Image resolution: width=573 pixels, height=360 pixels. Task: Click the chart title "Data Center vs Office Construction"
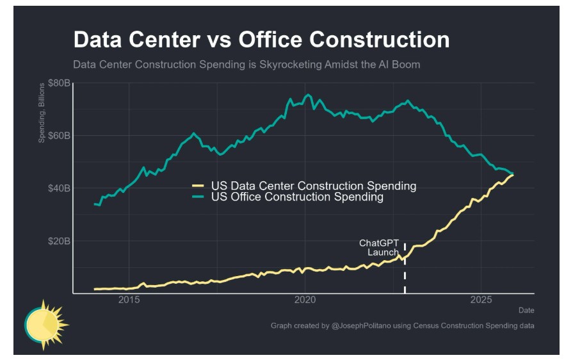pyautogui.click(x=261, y=40)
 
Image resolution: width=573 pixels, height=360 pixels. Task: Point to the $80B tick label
pyautogui.click(x=58, y=83)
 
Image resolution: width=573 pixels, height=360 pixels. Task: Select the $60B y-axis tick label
pyautogui.click(x=58, y=136)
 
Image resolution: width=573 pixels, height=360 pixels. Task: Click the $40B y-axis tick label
pyautogui.click(x=58, y=188)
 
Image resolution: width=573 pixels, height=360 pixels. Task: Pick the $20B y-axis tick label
pyautogui.click(x=58, y=241)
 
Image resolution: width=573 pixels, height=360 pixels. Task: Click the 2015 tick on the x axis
pyautogui.click(x=129, y=301)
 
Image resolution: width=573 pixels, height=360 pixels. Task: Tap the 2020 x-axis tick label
pyautogui.click(x=305, y=301)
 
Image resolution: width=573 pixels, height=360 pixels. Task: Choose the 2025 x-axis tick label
pyautogui.click(x=481, y=301)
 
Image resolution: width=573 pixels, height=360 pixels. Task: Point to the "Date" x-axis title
pyautogui.click(x=526, y=311)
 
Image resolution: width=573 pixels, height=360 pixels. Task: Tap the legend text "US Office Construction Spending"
pyautogui.click(x=297, y=197)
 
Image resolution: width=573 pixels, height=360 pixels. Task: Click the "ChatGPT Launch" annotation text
pyautogui.click(x=380, y=248)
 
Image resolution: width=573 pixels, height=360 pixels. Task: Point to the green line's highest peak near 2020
pyautogui.click(x=308, y=95)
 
